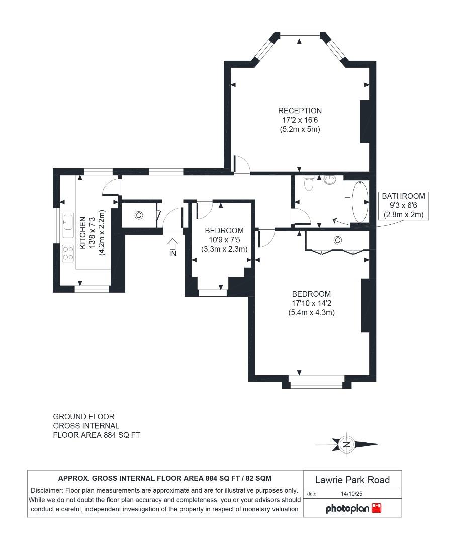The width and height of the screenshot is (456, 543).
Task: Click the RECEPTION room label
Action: (300, 111)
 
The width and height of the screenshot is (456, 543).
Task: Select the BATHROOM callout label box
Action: (403, 205)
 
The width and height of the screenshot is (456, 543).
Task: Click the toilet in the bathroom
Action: (309, 184)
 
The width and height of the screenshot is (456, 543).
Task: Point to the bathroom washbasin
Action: (330, 179)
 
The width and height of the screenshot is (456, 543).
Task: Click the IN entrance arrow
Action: (172, 246)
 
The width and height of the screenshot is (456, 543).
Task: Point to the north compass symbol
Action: (346, 444)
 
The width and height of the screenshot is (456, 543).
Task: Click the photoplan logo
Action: (353, 508)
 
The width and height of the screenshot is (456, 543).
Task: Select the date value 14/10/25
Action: (351, 494)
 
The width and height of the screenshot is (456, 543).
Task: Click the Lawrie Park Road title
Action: (352, 480)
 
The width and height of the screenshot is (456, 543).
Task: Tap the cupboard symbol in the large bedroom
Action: (337, 241)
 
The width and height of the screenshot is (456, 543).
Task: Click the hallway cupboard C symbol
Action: (139, 215)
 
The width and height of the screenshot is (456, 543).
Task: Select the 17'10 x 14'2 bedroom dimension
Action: (311, 303)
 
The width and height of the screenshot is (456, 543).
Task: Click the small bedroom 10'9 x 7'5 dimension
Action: (224, 240)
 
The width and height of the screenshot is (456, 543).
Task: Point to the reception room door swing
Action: (242, 165)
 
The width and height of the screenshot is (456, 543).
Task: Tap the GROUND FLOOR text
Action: (83, 417)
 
